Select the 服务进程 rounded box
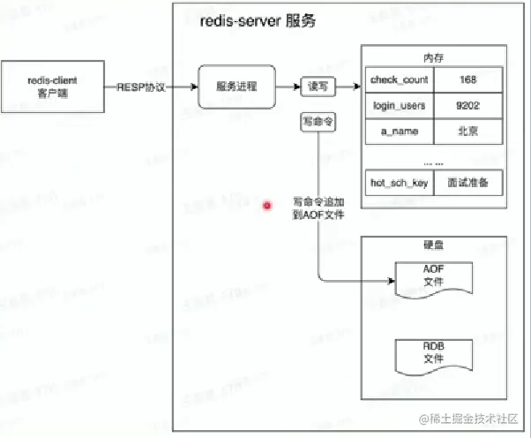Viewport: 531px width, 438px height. [236, 87]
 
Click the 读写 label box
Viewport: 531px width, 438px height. [316, 87]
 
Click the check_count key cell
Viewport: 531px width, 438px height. [400, 79]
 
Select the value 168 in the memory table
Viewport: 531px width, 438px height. [468, 79]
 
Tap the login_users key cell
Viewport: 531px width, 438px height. [400, 106]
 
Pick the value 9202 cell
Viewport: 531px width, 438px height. [468, 106]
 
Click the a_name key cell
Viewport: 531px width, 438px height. [400, 132]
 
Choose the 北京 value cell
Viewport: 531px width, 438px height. [468, 132]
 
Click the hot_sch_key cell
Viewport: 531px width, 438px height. [400, 183]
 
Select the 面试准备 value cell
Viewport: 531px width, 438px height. [468, 183]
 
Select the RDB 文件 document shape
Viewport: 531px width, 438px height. [433, 353]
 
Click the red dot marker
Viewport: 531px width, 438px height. [267, 207]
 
